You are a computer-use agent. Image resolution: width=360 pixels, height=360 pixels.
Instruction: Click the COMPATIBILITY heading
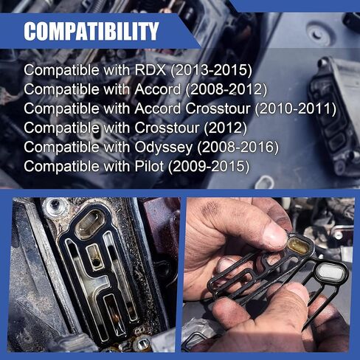point(91,31)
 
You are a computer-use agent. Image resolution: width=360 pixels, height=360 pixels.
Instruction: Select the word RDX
point(150,70)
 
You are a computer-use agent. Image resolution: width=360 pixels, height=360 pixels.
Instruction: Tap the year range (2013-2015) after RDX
point(212,70)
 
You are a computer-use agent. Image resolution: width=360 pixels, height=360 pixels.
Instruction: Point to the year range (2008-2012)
point(226,89)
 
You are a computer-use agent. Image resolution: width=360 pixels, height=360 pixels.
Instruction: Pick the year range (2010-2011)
point(296,108)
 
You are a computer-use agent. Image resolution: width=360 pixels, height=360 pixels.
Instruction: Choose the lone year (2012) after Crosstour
point(226,128)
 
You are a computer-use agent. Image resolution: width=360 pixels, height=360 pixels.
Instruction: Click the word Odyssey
point(164,148)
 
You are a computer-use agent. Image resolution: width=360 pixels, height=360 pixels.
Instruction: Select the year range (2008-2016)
point(238,147)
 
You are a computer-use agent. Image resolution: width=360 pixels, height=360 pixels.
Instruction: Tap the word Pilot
point(149,166)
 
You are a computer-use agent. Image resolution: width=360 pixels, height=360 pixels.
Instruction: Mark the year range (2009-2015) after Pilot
point(209,166)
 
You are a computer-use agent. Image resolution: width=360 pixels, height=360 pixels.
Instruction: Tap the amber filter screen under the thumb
point(300,245)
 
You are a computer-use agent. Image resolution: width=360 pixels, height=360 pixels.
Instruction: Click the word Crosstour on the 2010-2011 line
point(218,108)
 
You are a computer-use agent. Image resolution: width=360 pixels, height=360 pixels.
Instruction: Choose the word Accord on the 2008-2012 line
point(158,89)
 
